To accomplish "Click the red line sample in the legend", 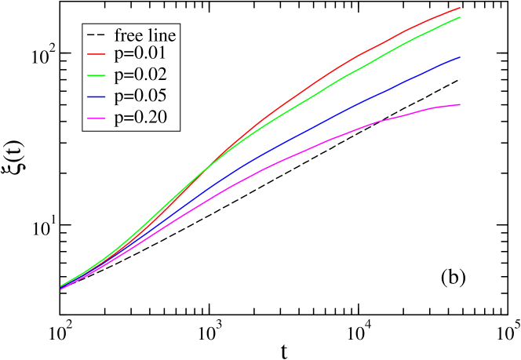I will click(x=97, y=54).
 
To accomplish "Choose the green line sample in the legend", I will click(x=97, y=75).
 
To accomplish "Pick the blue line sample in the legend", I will click(x=97, y=97).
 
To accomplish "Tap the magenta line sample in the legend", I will click(x=97, y=118).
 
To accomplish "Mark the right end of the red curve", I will click(x=460, y=8).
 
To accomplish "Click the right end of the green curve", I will click(x=460, y=17).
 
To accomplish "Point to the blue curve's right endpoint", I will click(x=460, y=57).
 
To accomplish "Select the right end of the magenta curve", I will click(x=460, y=104).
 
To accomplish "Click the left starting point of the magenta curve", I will click(x=61, y=289).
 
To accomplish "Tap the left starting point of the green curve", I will click(x=61, y=285).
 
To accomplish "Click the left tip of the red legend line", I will click(x=88, y=54).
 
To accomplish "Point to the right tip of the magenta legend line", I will click(x=106, y=118).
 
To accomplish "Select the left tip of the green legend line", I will click(x=88, y=75).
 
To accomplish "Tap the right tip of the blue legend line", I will click(x=106, y=97).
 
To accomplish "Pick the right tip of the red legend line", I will click(x=106, y=54).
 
